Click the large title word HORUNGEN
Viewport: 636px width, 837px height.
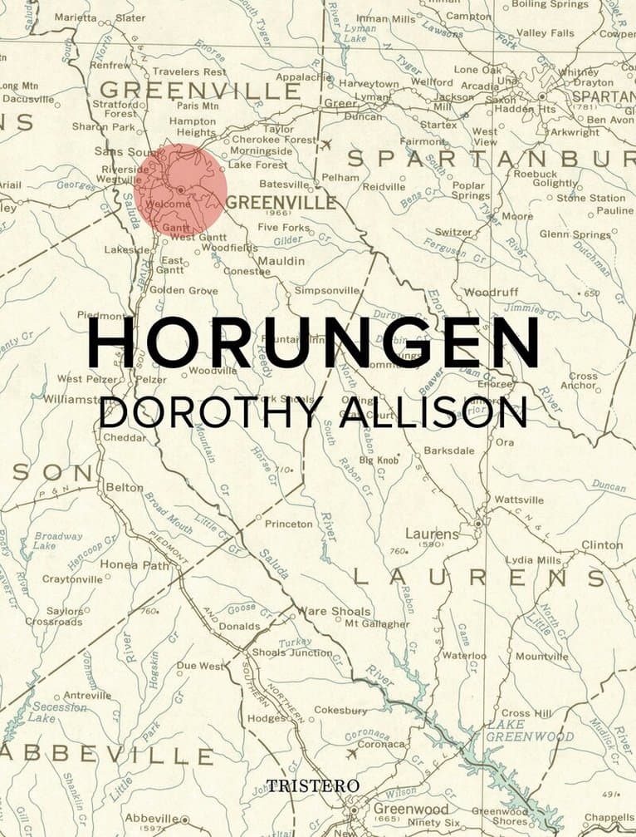(314, 342)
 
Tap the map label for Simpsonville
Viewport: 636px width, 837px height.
(327, 290)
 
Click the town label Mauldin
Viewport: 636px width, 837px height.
(281, 261)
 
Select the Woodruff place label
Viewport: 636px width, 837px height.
(491, 293)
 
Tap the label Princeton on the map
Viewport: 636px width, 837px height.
(288, 524)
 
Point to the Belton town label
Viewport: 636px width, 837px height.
(124, 488)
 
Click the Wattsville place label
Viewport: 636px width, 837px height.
(519, 500)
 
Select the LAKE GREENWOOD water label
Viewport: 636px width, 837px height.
(529, 731)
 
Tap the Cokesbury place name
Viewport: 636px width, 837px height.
(340, 711)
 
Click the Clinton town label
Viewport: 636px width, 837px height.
(601, 545)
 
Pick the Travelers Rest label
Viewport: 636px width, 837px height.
(189, 71)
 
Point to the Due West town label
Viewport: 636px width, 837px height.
(199, 666)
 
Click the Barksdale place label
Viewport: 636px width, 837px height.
(448, 450)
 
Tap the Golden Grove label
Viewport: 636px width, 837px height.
(183, 290)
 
